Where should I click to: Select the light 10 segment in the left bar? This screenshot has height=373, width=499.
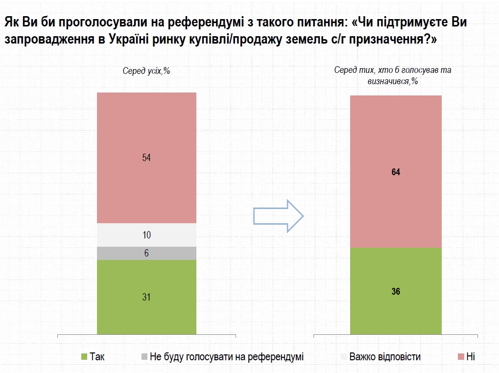point(146,235)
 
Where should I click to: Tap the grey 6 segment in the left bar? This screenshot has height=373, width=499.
point(146,253)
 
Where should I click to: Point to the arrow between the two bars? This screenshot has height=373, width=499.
point(278,216)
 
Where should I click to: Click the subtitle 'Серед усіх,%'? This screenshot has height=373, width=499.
point(146,70)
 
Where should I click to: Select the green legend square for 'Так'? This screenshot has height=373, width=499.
point(84,357)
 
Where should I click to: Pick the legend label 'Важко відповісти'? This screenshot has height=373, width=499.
point(384,357)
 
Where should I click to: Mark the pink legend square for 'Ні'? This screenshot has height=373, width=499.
point(460,357)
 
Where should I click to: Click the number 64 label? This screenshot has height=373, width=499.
point(396,172)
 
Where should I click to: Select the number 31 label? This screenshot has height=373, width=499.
point(146,297)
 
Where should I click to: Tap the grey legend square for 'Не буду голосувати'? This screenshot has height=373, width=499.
point(144,357)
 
